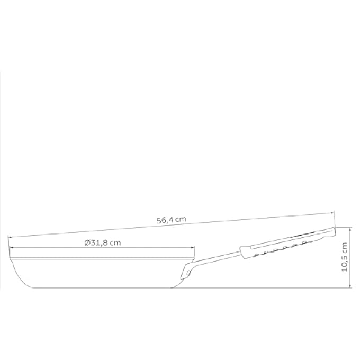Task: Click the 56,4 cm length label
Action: coord(172,220)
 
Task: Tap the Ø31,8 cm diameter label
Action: coord(103,242)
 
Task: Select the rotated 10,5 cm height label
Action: coord(345,257)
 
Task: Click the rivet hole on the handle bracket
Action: coord(188,273)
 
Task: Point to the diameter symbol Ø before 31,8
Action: coord(87,242)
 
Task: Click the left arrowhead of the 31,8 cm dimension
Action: coord(11,248)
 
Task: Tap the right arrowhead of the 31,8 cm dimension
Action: coord(193,248)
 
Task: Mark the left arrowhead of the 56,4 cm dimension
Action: coord(10,236)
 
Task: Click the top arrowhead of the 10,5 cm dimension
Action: coord(350,229)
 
